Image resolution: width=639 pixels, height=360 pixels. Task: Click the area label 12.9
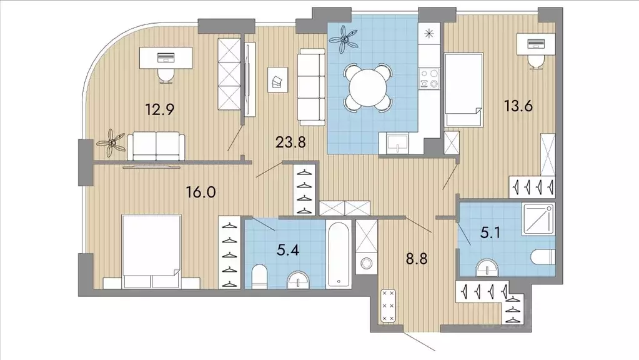[x=160, y=109]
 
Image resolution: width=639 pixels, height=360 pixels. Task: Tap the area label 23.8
[x=290, y=142]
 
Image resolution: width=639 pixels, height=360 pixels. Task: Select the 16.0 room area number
[x=201, y=192]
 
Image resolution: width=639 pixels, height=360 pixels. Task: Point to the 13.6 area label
[x=518, y=106]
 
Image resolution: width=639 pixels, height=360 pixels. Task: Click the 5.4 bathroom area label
[x=288, y=249]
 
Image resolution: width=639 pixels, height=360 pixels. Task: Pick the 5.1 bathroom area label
[x=490, y=234]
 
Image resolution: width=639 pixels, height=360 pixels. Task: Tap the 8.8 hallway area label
[x=417, y=258]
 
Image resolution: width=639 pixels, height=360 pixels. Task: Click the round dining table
[x=367, y=87]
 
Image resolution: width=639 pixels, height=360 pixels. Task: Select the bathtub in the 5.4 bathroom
[x=339, y=254]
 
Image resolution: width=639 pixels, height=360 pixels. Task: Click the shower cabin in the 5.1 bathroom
[x=538, y=220]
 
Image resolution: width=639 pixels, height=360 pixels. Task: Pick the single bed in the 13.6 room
[x=463, y=90]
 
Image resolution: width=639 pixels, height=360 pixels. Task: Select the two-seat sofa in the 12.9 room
[x=156, y=146]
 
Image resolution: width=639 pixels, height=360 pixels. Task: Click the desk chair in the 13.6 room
[x=537, y=62]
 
